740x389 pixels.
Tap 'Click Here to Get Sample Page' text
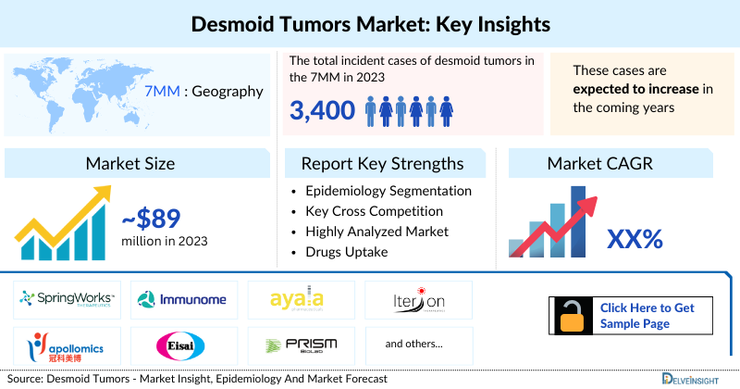(646, 316)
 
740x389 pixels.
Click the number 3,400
(322, 111)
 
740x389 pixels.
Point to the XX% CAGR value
(635, 239)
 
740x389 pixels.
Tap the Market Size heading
(130, 164)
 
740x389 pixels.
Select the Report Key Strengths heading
(382, 164)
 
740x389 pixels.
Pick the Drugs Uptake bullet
(346, 251)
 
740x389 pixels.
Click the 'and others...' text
(413, 344)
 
